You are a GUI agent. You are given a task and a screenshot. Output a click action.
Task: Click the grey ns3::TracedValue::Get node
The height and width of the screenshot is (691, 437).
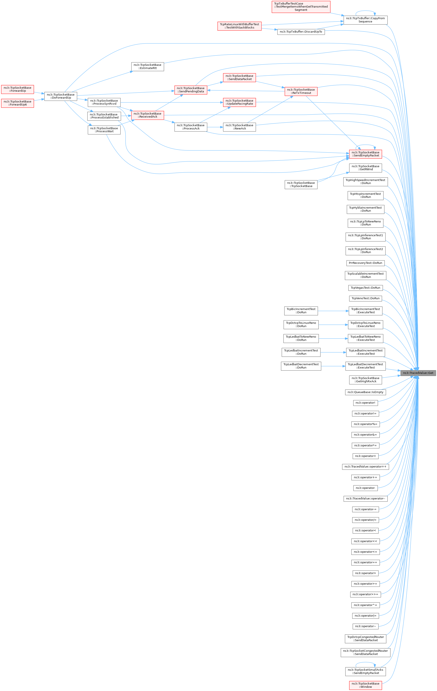pyautogui.click(x=418, y=373)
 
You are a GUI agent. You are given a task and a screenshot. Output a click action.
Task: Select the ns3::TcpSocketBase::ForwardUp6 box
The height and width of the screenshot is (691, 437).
pyautogui.click(x=17, y=103)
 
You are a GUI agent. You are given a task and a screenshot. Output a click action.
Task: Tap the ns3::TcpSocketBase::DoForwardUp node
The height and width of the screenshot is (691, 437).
pyautogui.click(x=61, y=96)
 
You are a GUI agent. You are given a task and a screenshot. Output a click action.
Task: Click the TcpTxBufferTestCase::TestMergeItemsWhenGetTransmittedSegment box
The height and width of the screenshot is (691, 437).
pyautogui.click(x=301, y=7)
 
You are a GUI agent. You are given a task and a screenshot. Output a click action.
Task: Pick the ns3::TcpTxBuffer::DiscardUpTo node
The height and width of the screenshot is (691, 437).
pyautogui.click(x=301, y=31)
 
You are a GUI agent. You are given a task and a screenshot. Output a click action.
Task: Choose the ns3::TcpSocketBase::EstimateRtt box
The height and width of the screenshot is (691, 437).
pyautogui.click(x=148, y=67)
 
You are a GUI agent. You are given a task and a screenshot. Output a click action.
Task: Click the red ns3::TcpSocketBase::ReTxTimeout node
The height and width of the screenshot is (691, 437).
pyautogui.click(x=301, y=91)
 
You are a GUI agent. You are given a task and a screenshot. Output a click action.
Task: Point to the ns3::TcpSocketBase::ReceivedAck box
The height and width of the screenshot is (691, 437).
pyautogui.click(x=148, y=115)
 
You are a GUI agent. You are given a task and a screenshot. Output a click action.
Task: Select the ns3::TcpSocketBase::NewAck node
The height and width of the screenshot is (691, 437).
pyautogui.click(x=239, y=127)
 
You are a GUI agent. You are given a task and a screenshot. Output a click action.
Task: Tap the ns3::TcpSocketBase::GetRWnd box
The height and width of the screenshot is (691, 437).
pyautogui.click(x=366, y=168)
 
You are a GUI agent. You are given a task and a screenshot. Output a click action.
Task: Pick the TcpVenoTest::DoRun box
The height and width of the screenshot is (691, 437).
pyautogui.click(x=366, y=298)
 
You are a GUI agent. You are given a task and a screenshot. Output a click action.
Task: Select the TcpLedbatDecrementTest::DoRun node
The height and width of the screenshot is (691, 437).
pyautogui.click(x=301, y=366)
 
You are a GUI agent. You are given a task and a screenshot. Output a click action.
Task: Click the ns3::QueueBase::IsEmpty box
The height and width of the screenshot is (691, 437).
pyautogui.click(x=366, y=392)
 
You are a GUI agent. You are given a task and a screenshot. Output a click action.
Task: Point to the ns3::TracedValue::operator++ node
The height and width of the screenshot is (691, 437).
pyautogui.click(x=366, y=467)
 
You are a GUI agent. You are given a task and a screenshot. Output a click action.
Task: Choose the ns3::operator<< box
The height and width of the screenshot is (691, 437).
pyautogui.click(x=366, y=541)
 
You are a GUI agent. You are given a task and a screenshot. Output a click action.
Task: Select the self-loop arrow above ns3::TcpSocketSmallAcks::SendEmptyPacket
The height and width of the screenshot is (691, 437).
pyautogui.click(x=366, y=664)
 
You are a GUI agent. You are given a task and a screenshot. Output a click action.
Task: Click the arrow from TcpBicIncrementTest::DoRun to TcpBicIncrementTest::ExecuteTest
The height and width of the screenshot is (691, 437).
pyautogui.click(x=333, y=311)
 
